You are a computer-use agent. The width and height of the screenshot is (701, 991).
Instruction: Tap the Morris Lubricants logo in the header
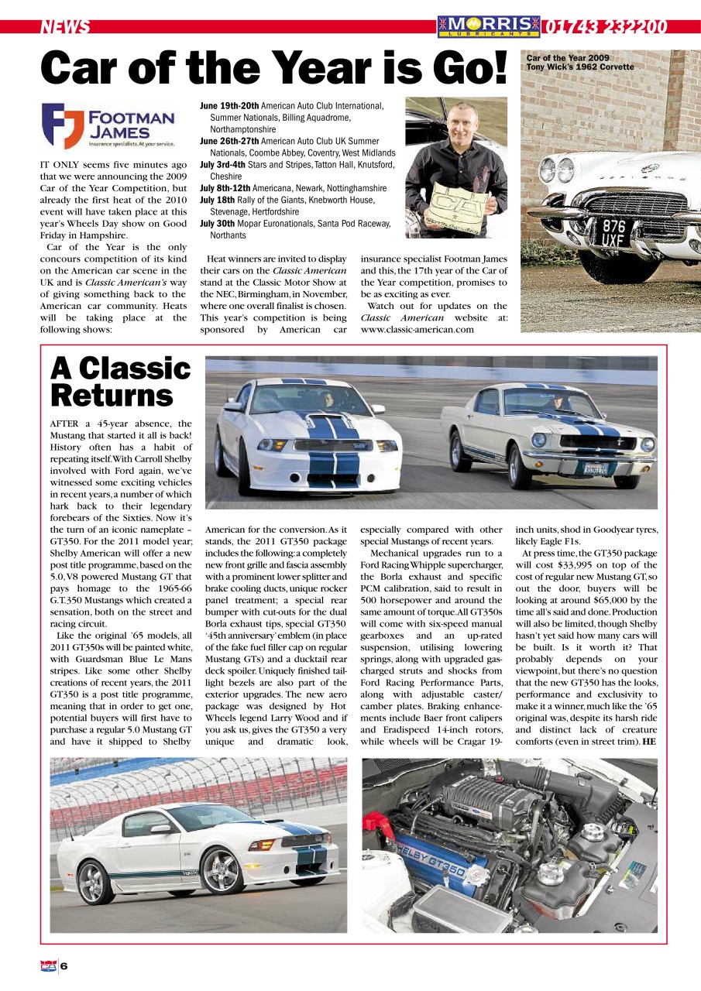click(488, 27)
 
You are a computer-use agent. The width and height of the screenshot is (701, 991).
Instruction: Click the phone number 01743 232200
click(605, 27)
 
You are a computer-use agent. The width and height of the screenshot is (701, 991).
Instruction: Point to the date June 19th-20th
click(229, 105)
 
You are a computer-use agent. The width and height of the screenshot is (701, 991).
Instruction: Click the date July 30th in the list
click(218, 223)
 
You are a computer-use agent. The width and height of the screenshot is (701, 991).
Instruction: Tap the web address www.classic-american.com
click(417, 329)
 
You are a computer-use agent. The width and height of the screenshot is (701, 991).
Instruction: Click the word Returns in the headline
click(112, 396)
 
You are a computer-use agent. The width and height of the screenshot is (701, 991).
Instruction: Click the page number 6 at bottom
click(64, 965)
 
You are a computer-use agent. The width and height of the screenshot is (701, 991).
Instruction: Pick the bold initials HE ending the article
click(649, 741)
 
